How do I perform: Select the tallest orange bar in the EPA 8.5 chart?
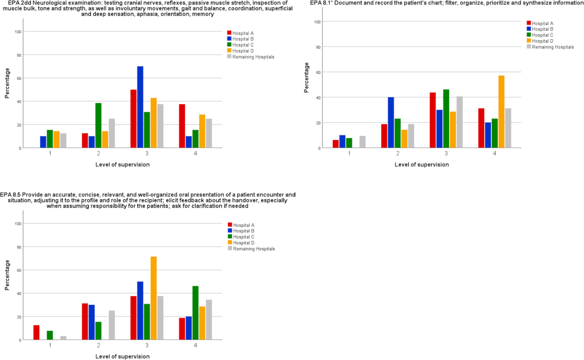pyautogui.click(x=153, y=298)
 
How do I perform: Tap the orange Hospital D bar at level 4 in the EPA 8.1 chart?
pyautogui.click(x=501, y=112)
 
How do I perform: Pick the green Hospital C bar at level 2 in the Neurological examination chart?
pyautogui.click(x=98, y=125)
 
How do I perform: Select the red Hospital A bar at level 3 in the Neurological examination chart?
pyautogui.click(x=133, y=119)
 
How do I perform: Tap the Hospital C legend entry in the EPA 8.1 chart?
pyautogui.click(x=541, y=35)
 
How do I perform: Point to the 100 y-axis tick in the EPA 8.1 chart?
pyautogui.click(x=318, y=22)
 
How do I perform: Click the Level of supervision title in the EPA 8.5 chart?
pyautogui.click(x=122, y=356)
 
